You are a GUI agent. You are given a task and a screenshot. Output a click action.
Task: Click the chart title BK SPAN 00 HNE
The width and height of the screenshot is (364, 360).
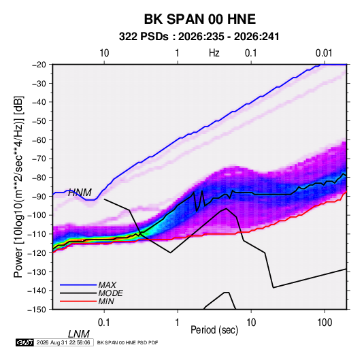pyautogui.click(x=200, y=19)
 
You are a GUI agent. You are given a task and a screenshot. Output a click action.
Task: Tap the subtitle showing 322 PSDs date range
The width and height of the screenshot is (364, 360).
pyautogui.click(x=199, y=37)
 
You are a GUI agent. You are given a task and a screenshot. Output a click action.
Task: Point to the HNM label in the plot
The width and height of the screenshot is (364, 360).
pyautogui.click(x=80, y=193)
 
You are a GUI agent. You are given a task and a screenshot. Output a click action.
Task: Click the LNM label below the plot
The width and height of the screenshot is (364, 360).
pyautogui.click(x=79, y=334)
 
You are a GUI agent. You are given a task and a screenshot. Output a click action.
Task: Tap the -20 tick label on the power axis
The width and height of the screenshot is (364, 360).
pyautogui.click(x=39, y=65)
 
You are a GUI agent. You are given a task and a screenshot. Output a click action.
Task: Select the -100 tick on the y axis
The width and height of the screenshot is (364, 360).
pyautogui.click(x=37, y=215)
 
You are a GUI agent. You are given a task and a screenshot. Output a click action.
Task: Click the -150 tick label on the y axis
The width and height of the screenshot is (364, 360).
pyautogui.click(x=37, y=310)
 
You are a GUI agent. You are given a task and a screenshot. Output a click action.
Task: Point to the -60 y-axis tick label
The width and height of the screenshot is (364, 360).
pyautogui.click(x=39, y=140)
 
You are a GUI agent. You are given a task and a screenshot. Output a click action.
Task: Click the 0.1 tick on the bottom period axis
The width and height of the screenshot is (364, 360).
pyautogui.click(x=104, y=323)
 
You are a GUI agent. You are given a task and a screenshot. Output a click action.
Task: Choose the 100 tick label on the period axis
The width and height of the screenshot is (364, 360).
pyautogui.click(x=325, y=323)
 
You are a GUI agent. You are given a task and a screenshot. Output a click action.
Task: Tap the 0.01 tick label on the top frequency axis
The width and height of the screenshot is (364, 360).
pyautogui.click(x=324, y=53)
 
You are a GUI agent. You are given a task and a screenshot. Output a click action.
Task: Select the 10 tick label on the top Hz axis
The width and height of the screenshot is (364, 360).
pyautogui.click(x=104, y=53)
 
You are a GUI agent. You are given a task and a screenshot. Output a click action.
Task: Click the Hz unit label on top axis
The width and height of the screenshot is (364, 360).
pyautogui.click(x=214, y=53)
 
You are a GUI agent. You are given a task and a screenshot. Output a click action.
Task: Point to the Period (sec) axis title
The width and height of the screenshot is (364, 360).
pyautogui.click(x=214, y=330)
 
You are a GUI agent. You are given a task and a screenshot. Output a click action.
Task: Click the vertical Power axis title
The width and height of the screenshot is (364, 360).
pyautogui.click(x=18, y=187)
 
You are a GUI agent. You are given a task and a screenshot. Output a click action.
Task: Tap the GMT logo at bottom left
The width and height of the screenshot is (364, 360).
pyautogui.click(x=24, y=342)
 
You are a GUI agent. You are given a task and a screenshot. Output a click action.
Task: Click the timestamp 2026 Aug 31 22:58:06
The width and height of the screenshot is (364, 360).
pyautogui.click(x=63, y=342)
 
